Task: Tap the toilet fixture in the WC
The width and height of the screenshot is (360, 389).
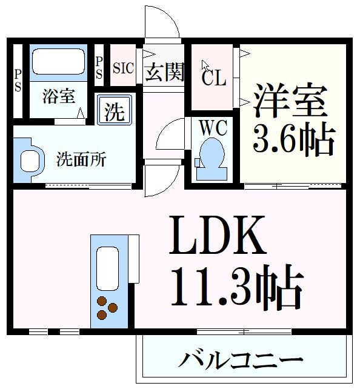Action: point(212,159)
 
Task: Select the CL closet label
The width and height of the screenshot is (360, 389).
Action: point(213,78)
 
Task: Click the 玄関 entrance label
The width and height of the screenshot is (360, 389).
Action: point(164,72)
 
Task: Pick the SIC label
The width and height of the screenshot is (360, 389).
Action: point(123,67)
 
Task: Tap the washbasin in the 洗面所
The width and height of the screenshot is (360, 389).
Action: point(30,159)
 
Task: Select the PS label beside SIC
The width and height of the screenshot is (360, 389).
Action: point(99,67)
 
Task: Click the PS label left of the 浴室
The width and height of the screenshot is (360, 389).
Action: point(18,80)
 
